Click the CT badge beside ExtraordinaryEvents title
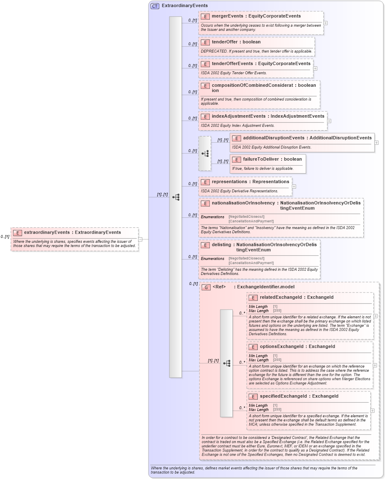pos(155,6)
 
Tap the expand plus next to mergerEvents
pos(325,23)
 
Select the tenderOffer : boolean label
pos(236,42)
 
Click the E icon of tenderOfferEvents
pos(205,64)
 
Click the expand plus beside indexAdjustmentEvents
pos(329,121)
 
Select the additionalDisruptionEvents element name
pos(273,138)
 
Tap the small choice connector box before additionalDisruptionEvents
pos(205,154)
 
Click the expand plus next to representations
pos(294,187)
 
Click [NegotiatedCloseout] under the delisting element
pos(247,258)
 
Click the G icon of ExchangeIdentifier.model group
pos(206,287)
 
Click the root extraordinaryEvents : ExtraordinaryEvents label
pos(72,232)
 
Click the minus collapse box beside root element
pos(141,239)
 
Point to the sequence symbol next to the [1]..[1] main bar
pos(176,197)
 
